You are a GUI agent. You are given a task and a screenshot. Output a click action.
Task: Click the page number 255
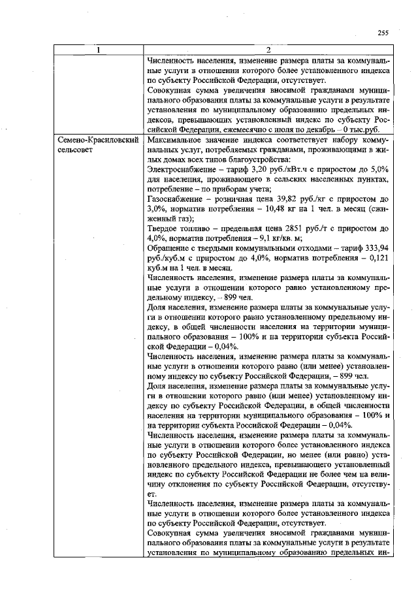(383, 33)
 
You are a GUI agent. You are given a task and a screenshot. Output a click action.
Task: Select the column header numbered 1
(99, 50)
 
